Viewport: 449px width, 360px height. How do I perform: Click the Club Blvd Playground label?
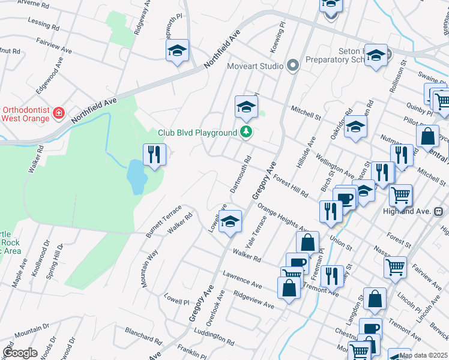coord(197,133)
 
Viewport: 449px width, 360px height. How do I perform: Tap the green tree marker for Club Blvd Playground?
coord(246,132)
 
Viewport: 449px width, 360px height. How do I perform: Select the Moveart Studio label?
coord(255,65)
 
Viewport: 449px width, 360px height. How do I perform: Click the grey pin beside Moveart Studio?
coord(293,65)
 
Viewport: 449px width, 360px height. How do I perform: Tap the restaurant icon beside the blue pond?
coord(154,155)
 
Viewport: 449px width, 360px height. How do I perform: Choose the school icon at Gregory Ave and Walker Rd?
coord(230,222)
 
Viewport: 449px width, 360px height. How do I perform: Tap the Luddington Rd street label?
coord(214,337)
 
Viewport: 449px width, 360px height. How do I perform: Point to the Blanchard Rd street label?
coord(143,337)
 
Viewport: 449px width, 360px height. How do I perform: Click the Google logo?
coord(20,353)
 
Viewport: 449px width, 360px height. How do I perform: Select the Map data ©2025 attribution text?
coord(423,355)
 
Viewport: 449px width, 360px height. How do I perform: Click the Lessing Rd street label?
coord(43,23)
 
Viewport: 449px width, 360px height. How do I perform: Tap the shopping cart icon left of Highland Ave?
coord(400,195)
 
